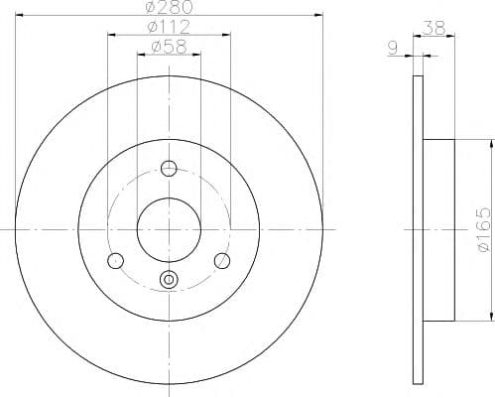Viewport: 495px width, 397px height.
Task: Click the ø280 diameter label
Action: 170,7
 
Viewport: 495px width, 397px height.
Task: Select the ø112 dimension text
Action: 169,27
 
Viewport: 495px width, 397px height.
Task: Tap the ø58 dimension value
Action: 169,47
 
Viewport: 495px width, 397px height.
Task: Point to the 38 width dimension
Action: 433,28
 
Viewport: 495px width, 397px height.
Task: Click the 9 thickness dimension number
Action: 393,49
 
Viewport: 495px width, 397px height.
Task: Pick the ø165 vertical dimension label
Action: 485,230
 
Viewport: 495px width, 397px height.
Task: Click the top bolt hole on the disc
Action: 169,169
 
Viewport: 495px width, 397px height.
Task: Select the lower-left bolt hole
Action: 116,261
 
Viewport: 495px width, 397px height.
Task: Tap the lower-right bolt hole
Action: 222,261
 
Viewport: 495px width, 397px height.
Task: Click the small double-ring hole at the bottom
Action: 169,280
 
